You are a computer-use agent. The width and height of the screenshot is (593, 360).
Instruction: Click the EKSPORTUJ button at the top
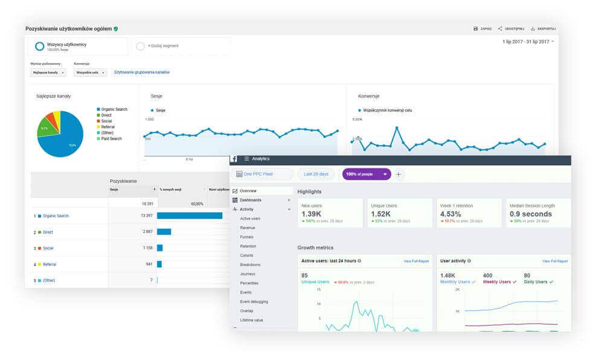(x=543, y=28)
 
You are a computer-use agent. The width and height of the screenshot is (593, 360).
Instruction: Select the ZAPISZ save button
(x=483, y=28)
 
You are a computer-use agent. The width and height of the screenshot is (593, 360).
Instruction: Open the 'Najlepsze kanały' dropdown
(x=48, y=73)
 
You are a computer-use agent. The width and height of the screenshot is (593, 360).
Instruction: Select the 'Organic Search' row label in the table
(x=56, y=216)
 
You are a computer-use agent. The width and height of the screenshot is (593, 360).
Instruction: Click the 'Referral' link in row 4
(x=49, y=264)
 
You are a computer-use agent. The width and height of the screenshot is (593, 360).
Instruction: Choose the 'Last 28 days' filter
(x=316, y=174)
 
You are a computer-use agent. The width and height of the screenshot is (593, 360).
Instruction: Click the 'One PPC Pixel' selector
(x=262, y=174)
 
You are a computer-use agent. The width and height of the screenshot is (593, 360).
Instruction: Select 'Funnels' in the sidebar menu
(x=247, y=237)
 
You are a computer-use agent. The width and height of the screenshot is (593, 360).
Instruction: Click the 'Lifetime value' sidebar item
(x=251, y=320)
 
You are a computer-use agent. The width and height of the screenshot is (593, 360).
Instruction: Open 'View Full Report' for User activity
(x=555, y=261)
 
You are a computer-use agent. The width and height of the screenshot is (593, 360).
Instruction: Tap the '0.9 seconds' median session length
(x=531, y=214)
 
